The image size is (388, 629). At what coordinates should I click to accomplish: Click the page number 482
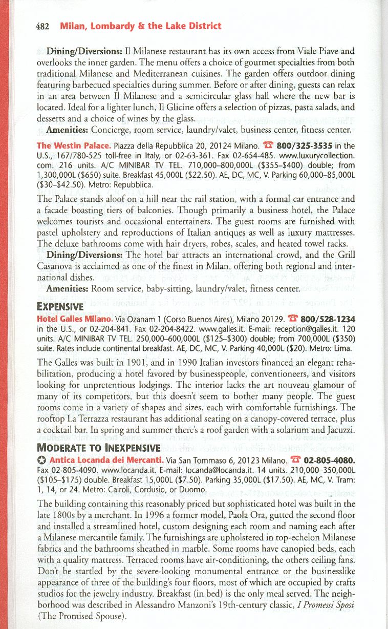click(x=41, y=26)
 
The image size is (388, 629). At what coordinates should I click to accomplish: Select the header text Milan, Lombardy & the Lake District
click(x=140, y=26)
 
